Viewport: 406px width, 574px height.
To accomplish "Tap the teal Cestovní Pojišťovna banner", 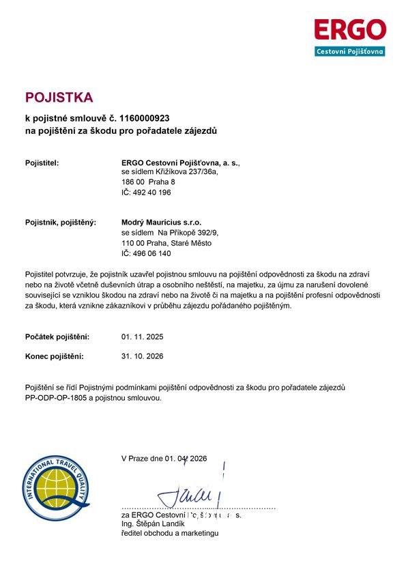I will pyautogui.click(x=349, y=51).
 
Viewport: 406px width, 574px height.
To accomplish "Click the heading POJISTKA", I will pyautogui.click(x=58, y=97).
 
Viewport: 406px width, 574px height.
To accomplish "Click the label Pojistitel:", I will pyautogui.click(x=42, y=163).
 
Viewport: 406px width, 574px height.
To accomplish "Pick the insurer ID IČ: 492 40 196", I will pyautogui.click(x=146, y=193).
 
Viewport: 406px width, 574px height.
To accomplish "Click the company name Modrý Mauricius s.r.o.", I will pyautogui.click(x=161, y=223).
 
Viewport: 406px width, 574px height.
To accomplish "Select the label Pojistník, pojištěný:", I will pyautogui.click(x=61, y=223).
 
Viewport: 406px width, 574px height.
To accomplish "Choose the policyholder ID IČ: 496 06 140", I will pyautogui.click(x=146, y=253).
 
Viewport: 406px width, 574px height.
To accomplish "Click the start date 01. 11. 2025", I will pyautogui.click(x=142, y=337).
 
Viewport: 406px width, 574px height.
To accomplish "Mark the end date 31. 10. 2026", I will pyautogui.click(x=142, y=356).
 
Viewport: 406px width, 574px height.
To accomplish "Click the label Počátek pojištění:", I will pyautogui.click(x=61, y=337).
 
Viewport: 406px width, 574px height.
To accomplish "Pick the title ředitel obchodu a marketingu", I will pyautogui.click(x=169, y=533).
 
